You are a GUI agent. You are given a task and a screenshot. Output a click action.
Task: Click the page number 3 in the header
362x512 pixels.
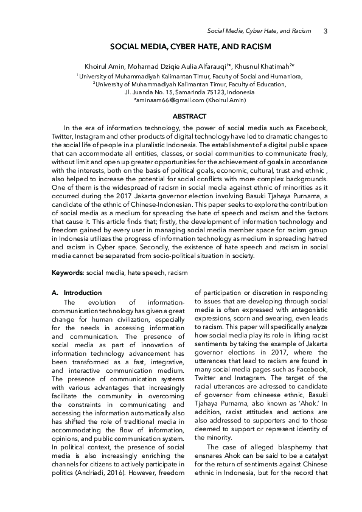click(x=325, y=31)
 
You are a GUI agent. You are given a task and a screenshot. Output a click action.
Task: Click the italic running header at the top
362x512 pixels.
click(x=259, y=31)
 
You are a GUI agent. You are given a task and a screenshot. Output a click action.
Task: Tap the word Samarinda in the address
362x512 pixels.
click(x=176, y=92)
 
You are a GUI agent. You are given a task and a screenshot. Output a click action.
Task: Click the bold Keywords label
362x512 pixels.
click(x=68, y=274)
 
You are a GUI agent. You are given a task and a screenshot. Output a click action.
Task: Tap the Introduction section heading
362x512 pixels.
click(x=83, y=292)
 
